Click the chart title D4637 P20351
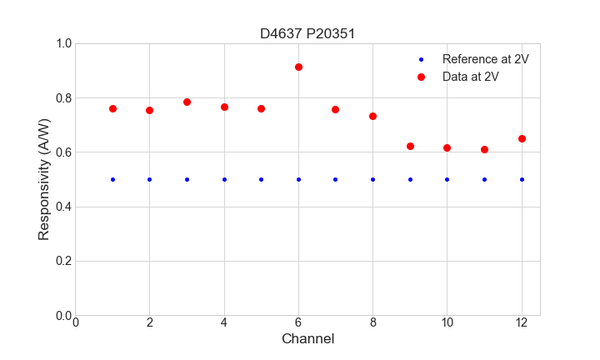click(307, 33)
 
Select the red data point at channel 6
click(298, 67)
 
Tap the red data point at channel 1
click(112, 108)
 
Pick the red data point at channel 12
click(522, 138)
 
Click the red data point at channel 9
click(410, 146)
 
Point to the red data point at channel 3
click(187, 102)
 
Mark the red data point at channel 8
click(372, 116)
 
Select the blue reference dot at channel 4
click(224, 179)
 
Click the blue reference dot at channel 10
click(447, 179)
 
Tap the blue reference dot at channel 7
click(335, 179)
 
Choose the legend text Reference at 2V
click(485, 59)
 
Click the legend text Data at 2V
click(471, 77)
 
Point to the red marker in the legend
click(421, 77)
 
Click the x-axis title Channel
click(307, 338)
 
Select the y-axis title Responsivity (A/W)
click(44, 179)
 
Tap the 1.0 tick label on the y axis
click(62, 43)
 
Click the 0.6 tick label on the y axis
click(62, 152)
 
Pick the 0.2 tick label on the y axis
click(62, 261)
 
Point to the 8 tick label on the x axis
click(372, 322)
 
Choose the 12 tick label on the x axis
click(522, 322)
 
